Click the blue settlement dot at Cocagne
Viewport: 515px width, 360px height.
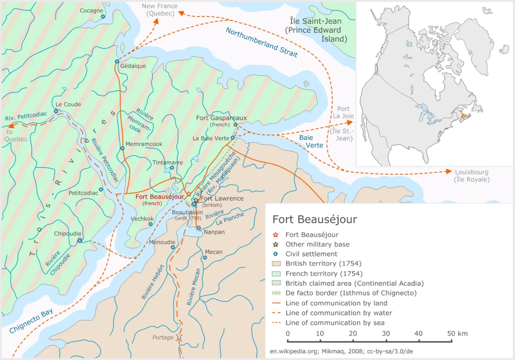(103, 17)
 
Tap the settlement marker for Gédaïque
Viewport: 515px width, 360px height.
(117, 62)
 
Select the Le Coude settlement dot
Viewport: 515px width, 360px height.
(56, 111)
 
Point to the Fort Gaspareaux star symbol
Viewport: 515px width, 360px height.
(236, 125)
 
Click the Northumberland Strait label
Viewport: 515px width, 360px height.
(262, 43)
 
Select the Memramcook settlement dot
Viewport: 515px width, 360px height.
(122, 148)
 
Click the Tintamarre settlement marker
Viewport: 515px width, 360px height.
(172, 168)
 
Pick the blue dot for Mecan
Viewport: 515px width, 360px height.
(205, 257)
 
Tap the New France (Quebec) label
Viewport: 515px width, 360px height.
(160, 10)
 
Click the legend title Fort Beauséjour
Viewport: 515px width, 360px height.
(315, 219)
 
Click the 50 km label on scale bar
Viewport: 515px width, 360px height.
(457, 333)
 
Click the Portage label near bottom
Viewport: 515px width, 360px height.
(163, 337)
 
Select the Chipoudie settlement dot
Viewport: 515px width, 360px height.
(80, 240)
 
